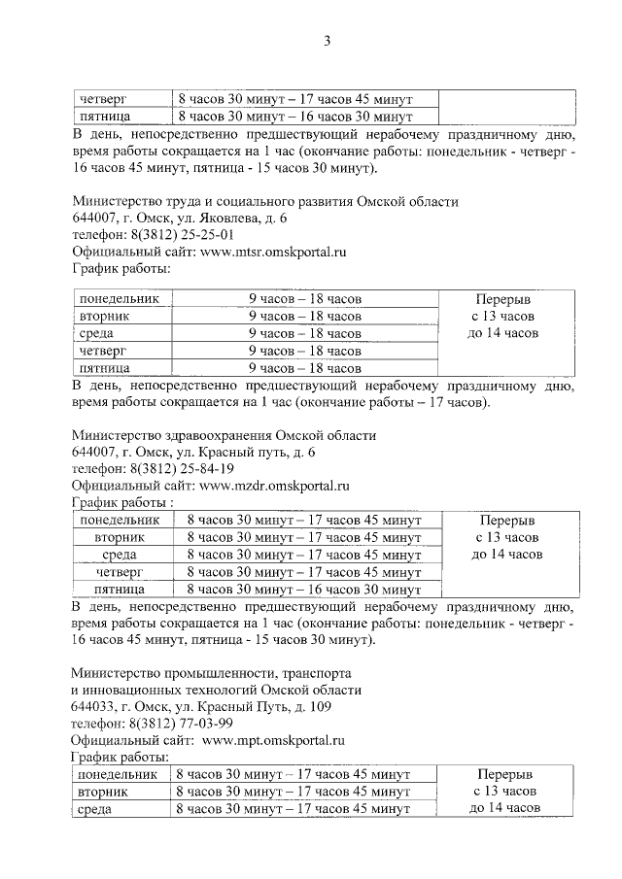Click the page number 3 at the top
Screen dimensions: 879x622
328,41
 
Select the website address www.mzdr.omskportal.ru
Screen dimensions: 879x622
275,485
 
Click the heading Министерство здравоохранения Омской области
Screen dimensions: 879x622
224,435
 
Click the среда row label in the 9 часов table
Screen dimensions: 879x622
97,333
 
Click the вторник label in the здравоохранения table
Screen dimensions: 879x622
121,537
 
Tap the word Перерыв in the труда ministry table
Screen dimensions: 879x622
505,299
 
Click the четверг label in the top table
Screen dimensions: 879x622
103,99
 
